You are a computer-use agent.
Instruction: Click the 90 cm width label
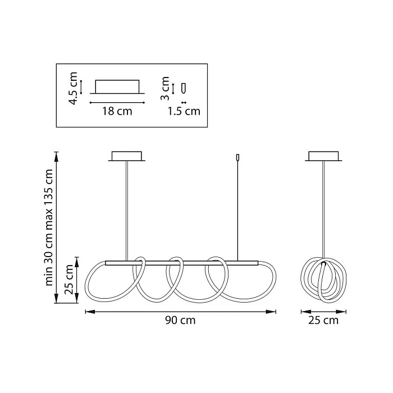point(180,321)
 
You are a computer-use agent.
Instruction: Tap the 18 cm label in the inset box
point(117,111)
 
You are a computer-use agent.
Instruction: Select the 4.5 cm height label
point(74,88)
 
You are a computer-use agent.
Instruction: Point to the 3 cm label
point(165,88)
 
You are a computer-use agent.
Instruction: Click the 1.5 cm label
point(184,111)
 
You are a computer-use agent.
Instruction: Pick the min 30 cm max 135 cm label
point(49,227)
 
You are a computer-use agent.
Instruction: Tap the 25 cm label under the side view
point(323,321)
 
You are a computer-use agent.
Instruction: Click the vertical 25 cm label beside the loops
point(68,279)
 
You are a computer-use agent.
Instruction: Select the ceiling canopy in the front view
point(126,156)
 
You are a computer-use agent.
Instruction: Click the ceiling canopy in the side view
point(323,156)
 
